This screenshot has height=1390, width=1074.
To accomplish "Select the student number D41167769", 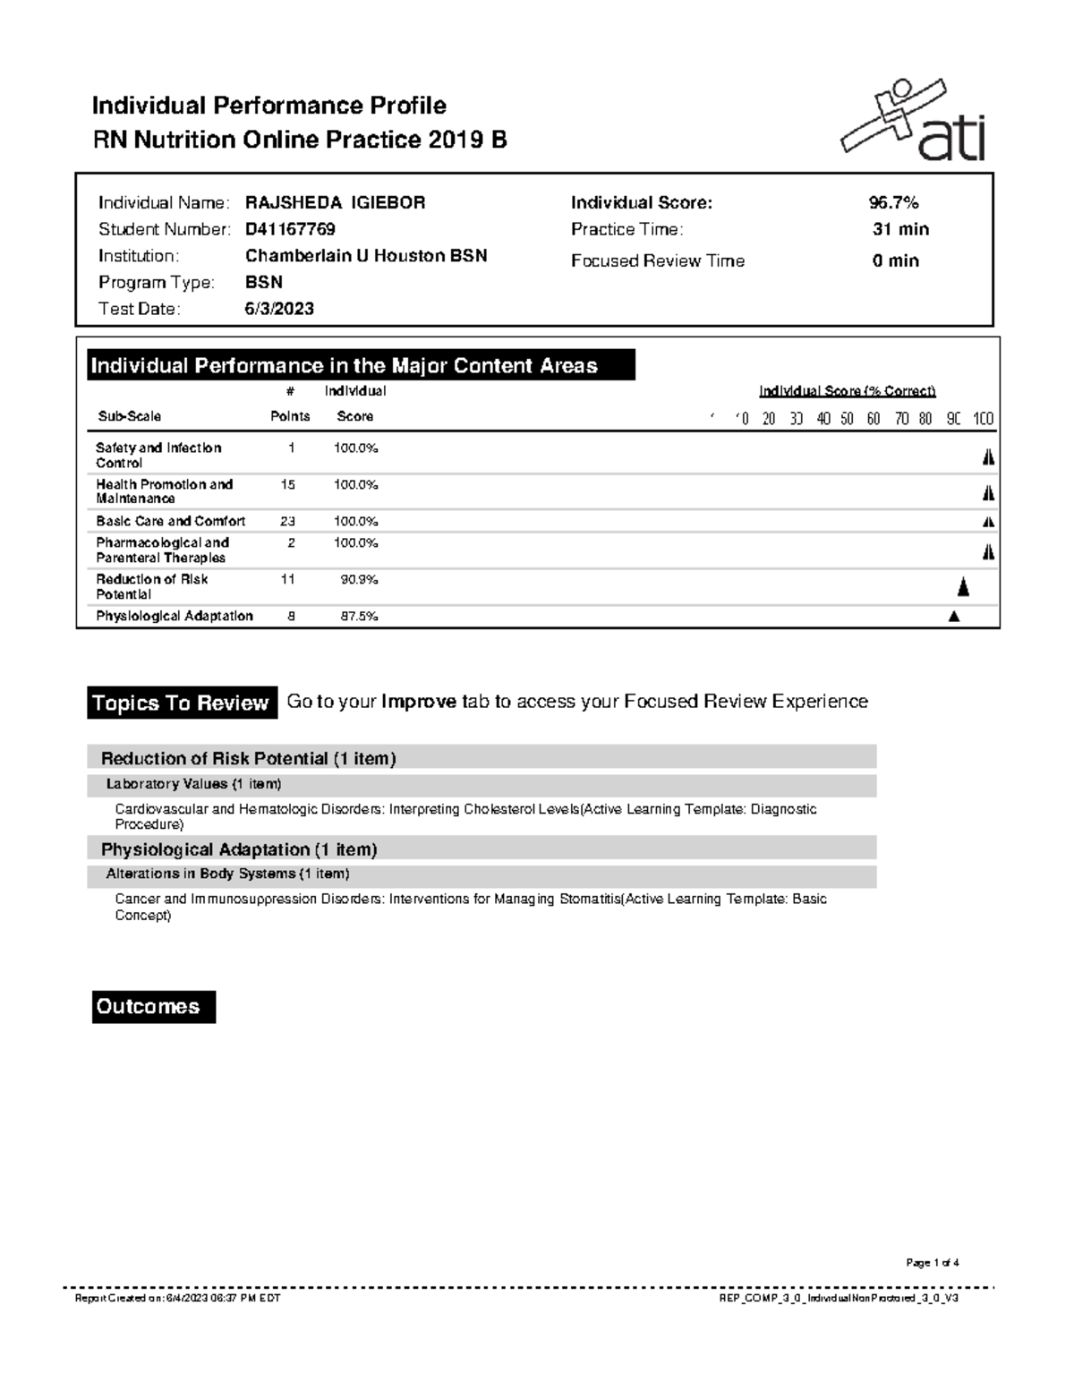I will tap(290, 229).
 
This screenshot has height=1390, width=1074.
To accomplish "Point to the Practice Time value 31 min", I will tap(900, 229).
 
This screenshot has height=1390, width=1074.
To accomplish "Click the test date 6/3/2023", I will tap(279, 309).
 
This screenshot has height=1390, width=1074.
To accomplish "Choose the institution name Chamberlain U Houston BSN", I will tap(366, 256).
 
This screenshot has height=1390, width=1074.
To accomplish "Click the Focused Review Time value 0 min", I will tap(896, 260).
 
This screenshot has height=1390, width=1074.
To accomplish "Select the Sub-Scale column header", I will tap(130, 416).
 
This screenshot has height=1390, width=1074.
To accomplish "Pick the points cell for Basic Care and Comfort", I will tap(287, 521).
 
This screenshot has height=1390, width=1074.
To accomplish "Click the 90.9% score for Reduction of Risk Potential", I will tap(359, 579).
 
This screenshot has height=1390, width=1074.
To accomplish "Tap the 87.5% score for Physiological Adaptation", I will tap(359, 616).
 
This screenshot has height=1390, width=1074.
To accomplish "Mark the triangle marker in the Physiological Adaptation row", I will tap(954, 616).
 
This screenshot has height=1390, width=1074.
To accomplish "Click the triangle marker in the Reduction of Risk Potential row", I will tap(963, 587).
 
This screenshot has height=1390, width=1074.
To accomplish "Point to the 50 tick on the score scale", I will tap(847, 419).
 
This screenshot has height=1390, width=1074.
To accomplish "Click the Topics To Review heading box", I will tap(181, 704).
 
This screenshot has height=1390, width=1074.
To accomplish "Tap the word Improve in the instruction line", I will tap(419, 702).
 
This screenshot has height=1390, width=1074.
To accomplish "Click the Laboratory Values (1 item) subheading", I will tap(193, 784).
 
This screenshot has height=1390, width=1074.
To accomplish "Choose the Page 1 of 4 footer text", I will tap(932, 1263).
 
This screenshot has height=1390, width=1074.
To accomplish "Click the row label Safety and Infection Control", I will tap(158, 455).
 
